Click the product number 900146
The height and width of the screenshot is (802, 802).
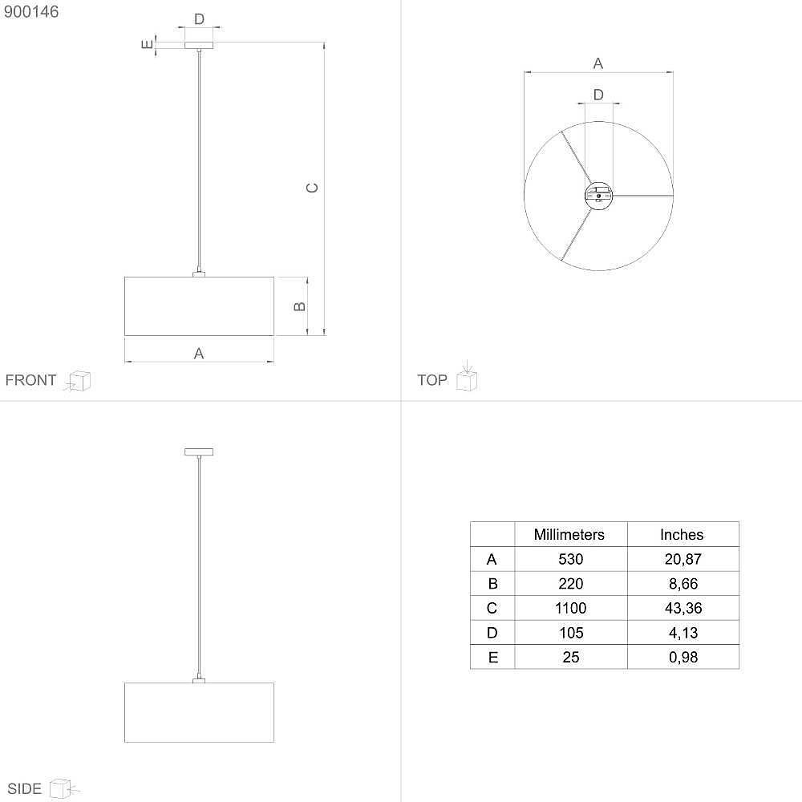(x=31, y=12)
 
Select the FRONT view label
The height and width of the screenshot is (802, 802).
(x=30, y=380)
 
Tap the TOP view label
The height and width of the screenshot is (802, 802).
(x=432, y=380)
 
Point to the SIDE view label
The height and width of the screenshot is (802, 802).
(x=24, y=788)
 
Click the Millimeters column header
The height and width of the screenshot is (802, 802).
(x=569, y=534)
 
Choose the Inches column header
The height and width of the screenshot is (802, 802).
(x=682, y=534)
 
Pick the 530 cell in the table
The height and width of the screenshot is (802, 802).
(x=571, y=559)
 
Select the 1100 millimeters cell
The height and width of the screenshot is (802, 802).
(x=571, y=608)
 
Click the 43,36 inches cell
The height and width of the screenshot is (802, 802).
(x=683, y=608)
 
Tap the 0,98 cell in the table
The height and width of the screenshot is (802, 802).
(x=683, y=658)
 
